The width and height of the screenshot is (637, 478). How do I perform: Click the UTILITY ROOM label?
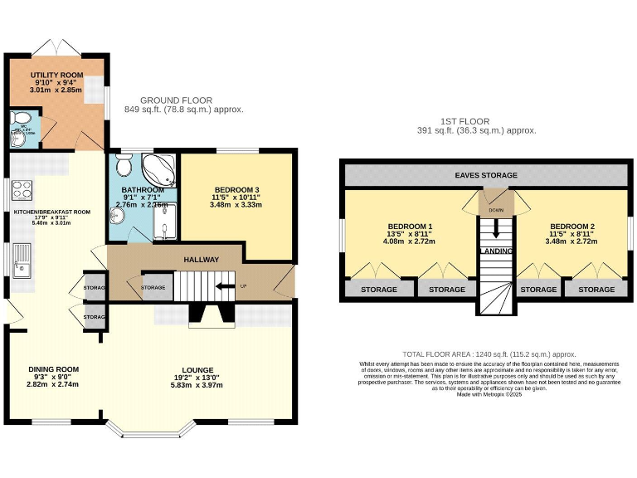pos(56,76)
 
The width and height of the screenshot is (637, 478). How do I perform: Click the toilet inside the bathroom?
pos(123,166)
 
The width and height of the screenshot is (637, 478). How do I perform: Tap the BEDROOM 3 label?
pos(237,188)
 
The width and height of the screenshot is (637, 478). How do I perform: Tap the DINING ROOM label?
pos(53,369)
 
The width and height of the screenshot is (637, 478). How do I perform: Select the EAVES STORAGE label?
pos(486,175)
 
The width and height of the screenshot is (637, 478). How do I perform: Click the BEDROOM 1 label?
pos(410,226)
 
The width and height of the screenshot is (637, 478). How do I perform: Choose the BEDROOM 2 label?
pos(572,226)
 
